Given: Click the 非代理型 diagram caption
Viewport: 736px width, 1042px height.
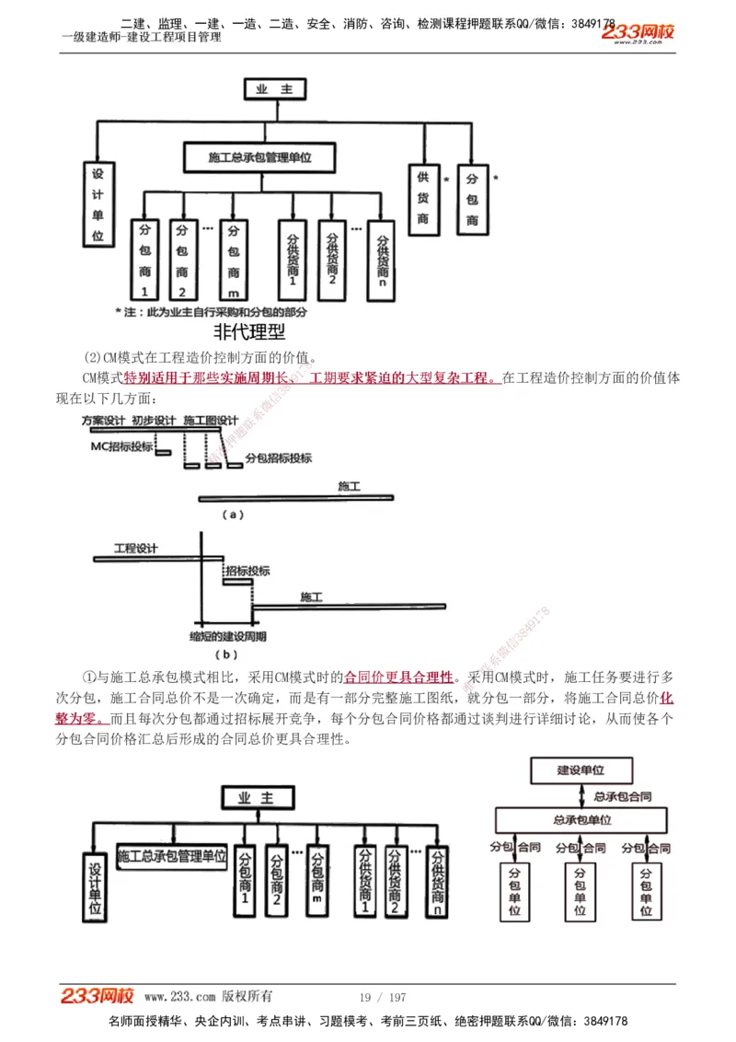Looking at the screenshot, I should [x=248, y=331].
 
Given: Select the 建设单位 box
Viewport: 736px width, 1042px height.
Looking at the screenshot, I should [x=581, y=770].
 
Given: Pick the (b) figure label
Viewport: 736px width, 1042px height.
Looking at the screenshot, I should [x=226, y=654].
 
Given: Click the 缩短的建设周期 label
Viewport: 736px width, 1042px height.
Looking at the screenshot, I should [x=227, y=636].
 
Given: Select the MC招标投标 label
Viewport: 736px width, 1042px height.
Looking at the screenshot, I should [x=120, y=446].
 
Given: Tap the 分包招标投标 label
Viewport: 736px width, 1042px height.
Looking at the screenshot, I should [x=279, y=457].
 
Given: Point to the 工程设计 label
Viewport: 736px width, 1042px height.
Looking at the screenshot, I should [x=135, y=549].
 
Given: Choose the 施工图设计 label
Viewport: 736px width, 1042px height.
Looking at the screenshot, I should [x=211, y=420].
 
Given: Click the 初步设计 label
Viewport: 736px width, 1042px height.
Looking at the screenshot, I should [x=153, y=420].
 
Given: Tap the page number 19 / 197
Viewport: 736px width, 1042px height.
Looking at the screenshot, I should [x=382, y=997].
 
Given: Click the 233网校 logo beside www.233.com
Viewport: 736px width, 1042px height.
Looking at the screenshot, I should [x=97, y=996].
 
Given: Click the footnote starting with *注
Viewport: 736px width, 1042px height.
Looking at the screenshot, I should [x=211, y=312].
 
